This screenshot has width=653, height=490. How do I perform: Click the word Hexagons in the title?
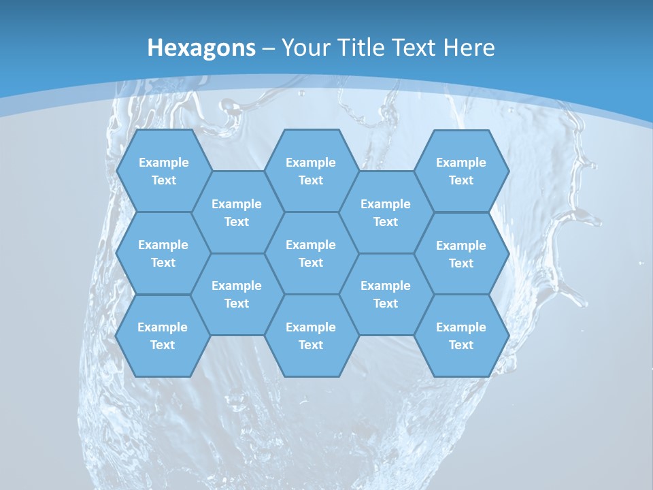pyautogui.click(x=201, y=48)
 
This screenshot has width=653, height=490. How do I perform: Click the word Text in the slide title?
pyautogui.click(x=415, y=48)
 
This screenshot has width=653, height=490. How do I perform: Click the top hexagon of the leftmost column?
pyautogui.click(x=163, y=171)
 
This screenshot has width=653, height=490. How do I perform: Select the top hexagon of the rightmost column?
pyautogui.click(x=461, y=171)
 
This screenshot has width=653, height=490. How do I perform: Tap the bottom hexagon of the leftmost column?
pyautogui.click(x=163, y=336)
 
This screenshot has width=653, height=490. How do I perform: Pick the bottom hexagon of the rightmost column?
pyautogui.click(x=461, y=336)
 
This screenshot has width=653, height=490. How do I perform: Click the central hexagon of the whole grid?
pyautogui.click(x=311, y=253)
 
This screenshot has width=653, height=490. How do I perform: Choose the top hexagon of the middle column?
pyautogui.click(x=311, y=171)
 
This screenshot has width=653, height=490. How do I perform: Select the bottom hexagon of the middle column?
pyautogui.click(x=311, y=336)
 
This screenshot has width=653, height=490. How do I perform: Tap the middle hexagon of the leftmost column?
pyautogui.click(x=163, y=253)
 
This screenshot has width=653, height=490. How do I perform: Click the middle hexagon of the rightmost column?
pyautogui.click(x=461, y=254)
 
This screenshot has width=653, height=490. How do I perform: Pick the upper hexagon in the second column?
pyautogui.click(x=237, y=212)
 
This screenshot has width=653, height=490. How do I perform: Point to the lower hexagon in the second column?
pyautogui.click(x=237, y=294)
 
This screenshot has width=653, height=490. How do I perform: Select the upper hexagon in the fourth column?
pyautogui.click(x=386, y=212)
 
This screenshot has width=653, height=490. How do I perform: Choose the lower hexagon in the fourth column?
pyautogui.click(x=386, y=294)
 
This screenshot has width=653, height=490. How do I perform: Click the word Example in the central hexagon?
pyautogui.click(x=311, y=245)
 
